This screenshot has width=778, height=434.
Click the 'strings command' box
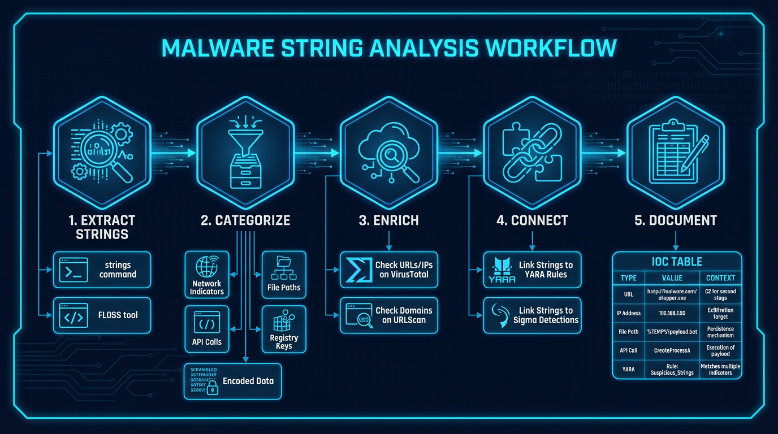click(102, 270)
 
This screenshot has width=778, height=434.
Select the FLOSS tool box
click(102, 315)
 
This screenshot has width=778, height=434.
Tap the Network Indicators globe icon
click(206, 266)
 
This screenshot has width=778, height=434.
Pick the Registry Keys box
click(284, 329)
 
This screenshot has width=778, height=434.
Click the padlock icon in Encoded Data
click(213, 387)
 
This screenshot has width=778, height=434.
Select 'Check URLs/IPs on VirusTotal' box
click(390, 270)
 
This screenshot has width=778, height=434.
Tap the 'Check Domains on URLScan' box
click(390, 315)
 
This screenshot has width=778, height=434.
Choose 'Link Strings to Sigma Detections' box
click(532, 315)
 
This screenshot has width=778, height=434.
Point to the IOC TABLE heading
click(676, 262)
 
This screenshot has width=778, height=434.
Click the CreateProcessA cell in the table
click(672, 350)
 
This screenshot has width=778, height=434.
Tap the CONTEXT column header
click(720, 278)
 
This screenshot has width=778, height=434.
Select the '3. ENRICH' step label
click(388, 220)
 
